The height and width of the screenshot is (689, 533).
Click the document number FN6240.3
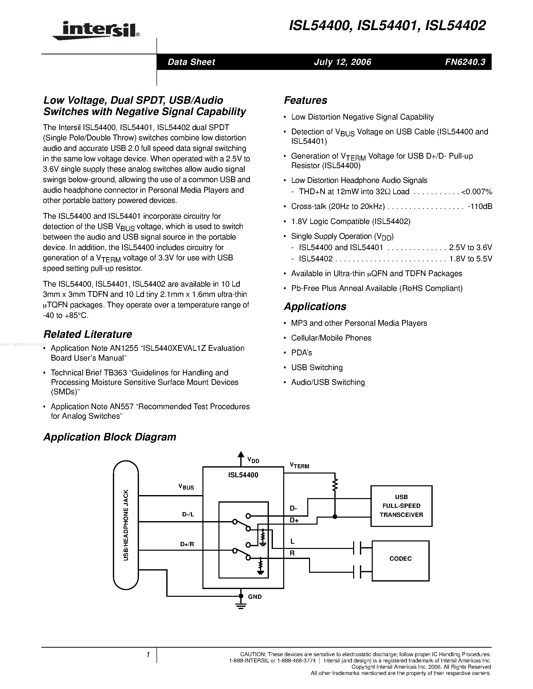click(465, 62)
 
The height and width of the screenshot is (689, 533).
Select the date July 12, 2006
click(342, 62)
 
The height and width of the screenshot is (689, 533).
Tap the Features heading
click(305, 100)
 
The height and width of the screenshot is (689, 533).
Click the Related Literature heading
click(88, 334)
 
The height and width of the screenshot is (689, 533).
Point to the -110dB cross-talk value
click(480, 206)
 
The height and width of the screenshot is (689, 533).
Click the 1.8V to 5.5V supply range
click(471, 259)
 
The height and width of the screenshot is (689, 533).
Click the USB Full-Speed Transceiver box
click(401, 506)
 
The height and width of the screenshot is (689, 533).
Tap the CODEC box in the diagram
click(400, 558)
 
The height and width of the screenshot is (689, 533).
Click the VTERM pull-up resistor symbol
click(335, 484)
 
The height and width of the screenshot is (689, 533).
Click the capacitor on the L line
click(357, 548)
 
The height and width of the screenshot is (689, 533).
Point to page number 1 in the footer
click(148, 655)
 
